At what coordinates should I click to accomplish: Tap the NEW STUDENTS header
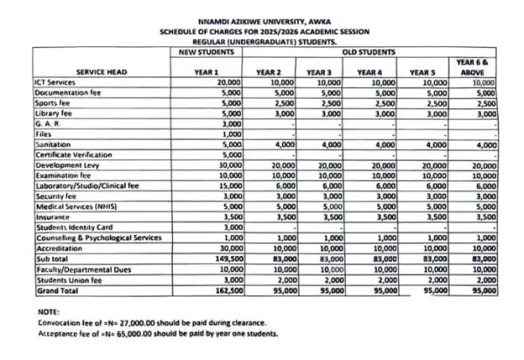point(200,52)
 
